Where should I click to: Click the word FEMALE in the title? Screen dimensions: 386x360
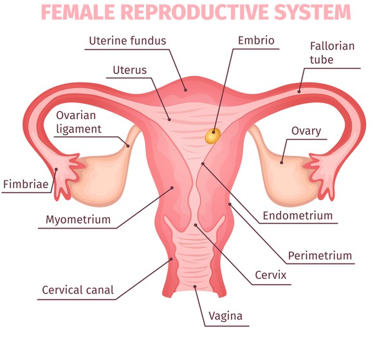[x=80, y=12]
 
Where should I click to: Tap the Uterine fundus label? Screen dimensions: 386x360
[x=127, y=41]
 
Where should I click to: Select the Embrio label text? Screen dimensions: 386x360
[x=255, y=41]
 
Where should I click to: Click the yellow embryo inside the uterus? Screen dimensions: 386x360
[x=212, y=135]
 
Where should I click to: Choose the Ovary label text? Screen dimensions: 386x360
[x=306, y=131]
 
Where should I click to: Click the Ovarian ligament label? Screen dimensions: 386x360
[x=79, y=122]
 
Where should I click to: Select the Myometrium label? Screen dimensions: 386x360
[x=78, y=220]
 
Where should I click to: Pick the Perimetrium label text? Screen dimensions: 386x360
[x=320, y=256]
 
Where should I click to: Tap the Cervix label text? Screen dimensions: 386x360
[x=270, y=278]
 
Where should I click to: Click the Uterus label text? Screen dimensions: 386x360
[x=129, y=70]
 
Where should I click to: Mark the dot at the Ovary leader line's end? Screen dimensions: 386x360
[x=281, y=162]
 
